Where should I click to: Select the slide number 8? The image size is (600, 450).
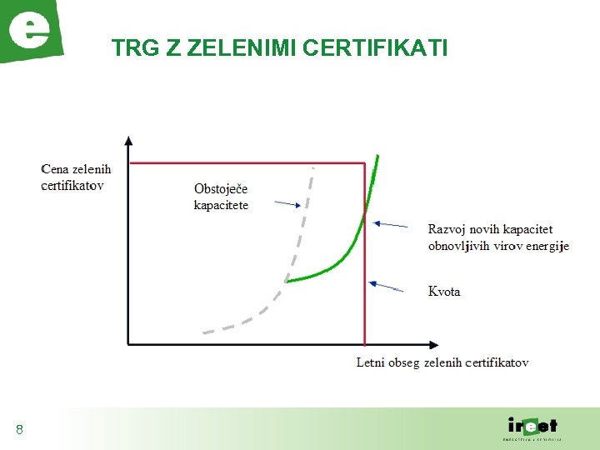point(19,430)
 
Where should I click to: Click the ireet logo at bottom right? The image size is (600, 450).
point(532,427)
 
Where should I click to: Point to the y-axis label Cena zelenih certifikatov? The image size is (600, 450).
point(75,177)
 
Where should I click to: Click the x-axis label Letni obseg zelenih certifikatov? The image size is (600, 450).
point(442,362)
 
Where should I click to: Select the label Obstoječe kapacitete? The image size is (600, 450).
point(221,197)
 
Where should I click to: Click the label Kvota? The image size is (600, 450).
point(444,292)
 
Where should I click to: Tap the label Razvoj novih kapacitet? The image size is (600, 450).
point(490,229)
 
